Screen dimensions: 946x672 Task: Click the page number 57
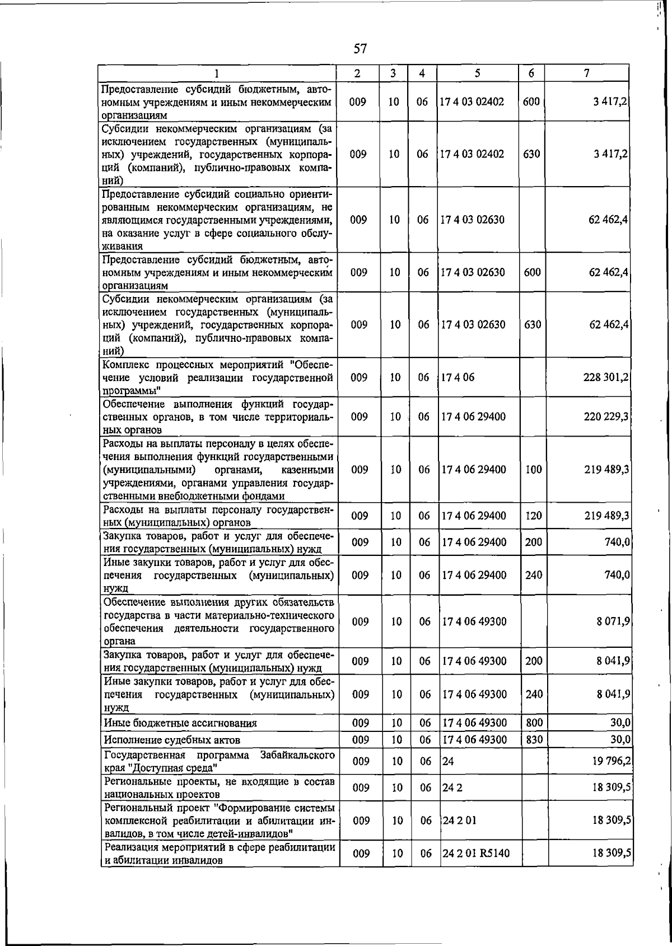point(360,49)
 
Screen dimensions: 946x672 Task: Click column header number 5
point(477,73)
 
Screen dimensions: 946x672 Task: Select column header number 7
point(586,73)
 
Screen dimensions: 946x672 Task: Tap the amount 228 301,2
point(606,378)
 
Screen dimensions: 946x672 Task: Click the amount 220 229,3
point(606,417)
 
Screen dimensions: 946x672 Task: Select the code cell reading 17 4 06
point(458,378)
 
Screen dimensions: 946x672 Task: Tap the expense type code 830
point(534,740)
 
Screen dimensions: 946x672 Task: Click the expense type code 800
point(534,723)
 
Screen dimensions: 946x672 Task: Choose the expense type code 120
point(534,516)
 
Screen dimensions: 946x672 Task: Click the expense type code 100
point(534,470)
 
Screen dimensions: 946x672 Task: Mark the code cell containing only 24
point(448,762)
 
